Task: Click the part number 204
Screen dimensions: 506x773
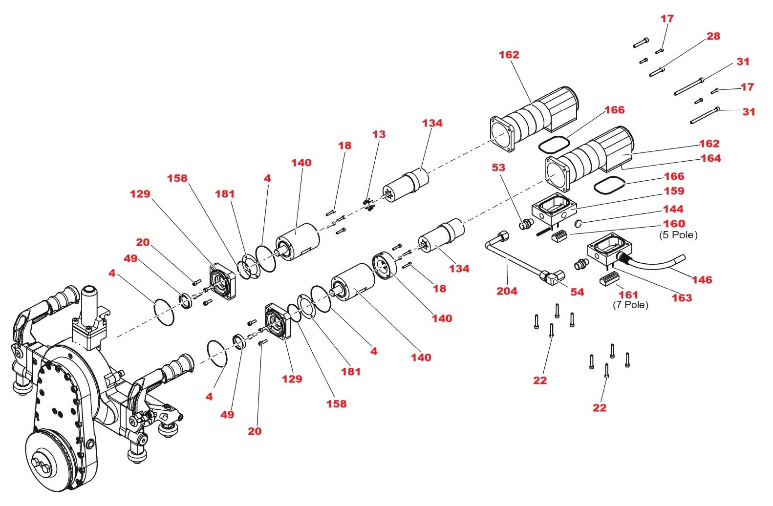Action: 507,291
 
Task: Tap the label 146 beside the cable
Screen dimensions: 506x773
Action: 702,280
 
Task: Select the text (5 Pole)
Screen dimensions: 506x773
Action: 678,235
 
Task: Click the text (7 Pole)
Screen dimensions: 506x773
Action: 630,305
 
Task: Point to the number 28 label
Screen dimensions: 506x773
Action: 713,36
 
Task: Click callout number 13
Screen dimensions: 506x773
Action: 379,134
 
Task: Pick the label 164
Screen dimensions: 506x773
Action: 710,158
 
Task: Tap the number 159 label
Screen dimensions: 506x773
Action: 674,191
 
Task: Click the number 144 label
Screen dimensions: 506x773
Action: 673,209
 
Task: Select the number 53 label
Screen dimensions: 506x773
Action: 498,168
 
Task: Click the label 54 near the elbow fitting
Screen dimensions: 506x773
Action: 577,292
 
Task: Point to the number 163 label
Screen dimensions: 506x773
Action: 682,298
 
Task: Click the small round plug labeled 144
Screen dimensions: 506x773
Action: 578,223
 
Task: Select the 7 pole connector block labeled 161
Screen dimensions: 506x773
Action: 609,279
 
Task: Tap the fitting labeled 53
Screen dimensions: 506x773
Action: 526,225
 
